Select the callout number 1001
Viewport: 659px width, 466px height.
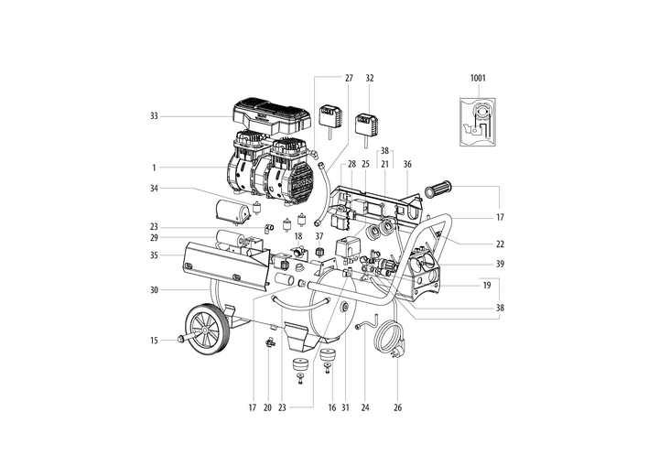pyautogui.click(x=478, y=80)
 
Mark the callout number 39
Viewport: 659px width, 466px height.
pyautogui.click(x=500, y=264)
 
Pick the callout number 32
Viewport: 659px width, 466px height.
pyautogui.click(x=370, y=80)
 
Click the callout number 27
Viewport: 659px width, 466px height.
pyautogui.click(x=349, y=80)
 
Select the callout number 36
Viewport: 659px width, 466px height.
pyautogui.click(x=407, y=164)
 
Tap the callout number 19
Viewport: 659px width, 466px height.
pyautogui.click(x=500, y=286)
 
